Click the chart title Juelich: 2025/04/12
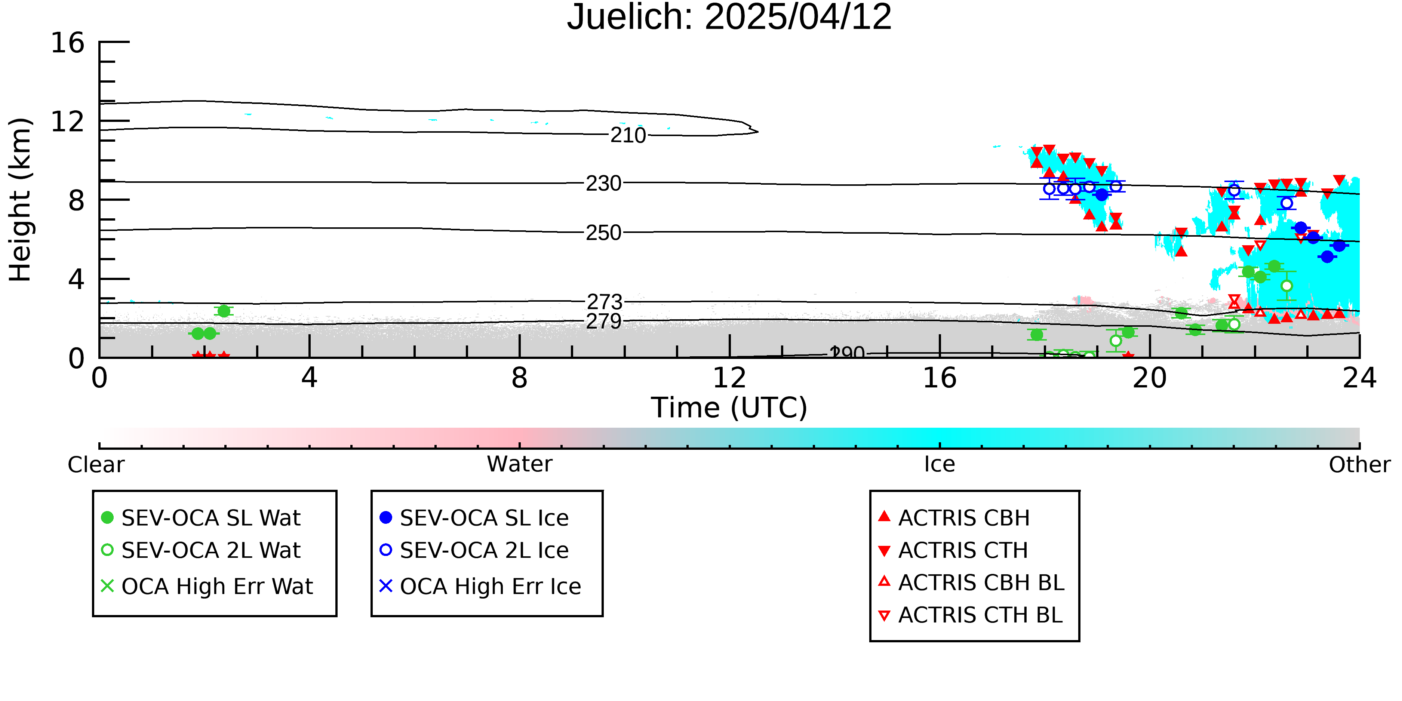pos(729,18)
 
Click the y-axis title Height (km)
pos(20,200)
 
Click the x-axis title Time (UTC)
pos(729,408)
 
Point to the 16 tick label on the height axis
pos(68,43)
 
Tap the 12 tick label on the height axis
pos(68,122)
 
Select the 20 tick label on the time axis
pos(1150,378)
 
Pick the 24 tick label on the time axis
pos(1359,378)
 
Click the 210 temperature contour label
pos(628,135)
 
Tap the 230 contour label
pos(603,184)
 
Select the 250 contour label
pos(603,233)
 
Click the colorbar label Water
pos(520,464)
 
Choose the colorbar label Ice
pos(940,464)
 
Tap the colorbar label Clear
pos(96,465)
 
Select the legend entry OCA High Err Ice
pos(480,586)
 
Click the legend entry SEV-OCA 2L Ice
pos(474,550)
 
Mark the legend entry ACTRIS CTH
pos(953,550)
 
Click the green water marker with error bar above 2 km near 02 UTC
pos(224,311)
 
